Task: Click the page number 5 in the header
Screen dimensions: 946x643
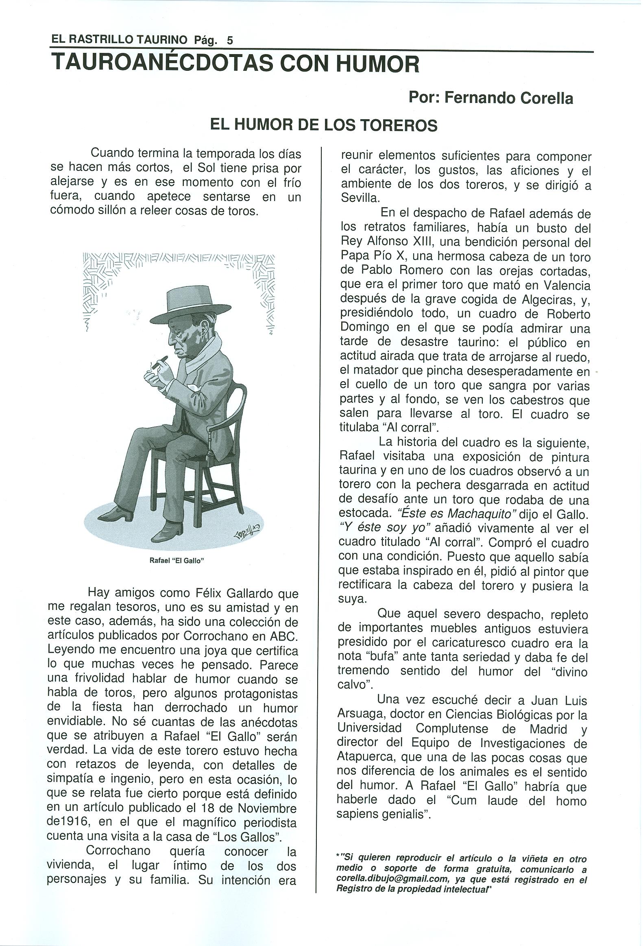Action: click(230, 40)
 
